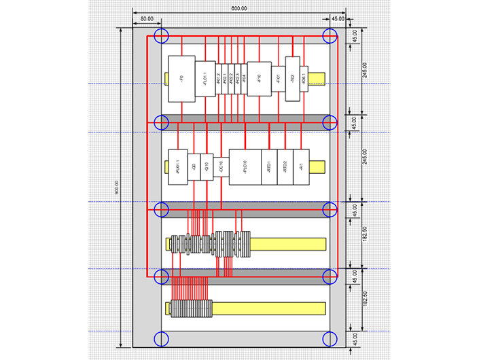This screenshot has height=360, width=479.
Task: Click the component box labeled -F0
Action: [181, 79]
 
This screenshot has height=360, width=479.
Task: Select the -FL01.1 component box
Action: [205, 81]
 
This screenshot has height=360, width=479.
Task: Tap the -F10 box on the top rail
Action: [259, 79]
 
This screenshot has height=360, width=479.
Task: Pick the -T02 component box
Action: [293, 79]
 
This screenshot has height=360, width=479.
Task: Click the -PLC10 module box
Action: [245, 166]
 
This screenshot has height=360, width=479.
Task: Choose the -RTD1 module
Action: [270, 166]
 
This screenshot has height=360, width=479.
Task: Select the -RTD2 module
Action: [286, 166]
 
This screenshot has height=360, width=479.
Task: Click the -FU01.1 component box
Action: [177, 166]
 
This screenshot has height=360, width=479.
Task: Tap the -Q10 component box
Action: [207, 166]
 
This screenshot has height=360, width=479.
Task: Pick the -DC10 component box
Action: [221, 167]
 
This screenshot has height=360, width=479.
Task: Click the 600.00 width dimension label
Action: [239, 8]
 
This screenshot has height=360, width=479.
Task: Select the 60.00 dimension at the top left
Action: [147, 18]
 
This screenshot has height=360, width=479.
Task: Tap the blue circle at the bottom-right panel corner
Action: [330, 339]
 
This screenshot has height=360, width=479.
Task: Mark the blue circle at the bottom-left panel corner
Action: [161, 339]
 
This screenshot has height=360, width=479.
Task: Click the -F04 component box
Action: [244, 79]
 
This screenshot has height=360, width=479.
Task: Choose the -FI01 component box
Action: [278, 79]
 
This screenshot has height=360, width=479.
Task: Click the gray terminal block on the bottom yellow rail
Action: [191, 308]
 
